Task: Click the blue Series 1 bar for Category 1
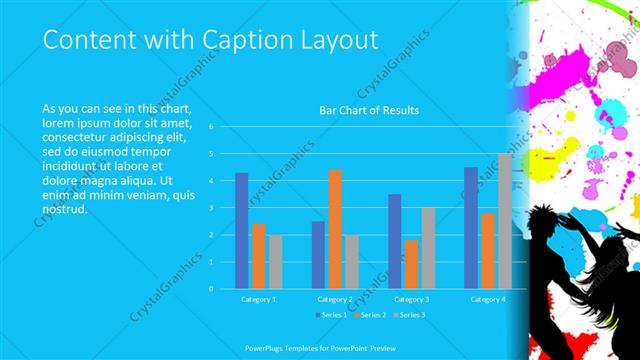click(x=241, y=230)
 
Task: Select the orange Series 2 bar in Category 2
click(x=335, y=229)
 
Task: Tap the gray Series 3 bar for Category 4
click(x=505, y=221)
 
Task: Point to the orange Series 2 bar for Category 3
click(x=411, y=264)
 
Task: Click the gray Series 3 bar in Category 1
click(x=275, y=261)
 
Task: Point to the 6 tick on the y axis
click(x=211, y=127)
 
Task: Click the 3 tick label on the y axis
click(x=211, y=208)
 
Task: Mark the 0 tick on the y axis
click(x=211, y=288)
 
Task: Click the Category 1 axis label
click(x=258, y=299)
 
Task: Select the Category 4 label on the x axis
click(x=488, y=299)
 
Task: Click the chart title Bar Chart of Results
click(x=369, y=109)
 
